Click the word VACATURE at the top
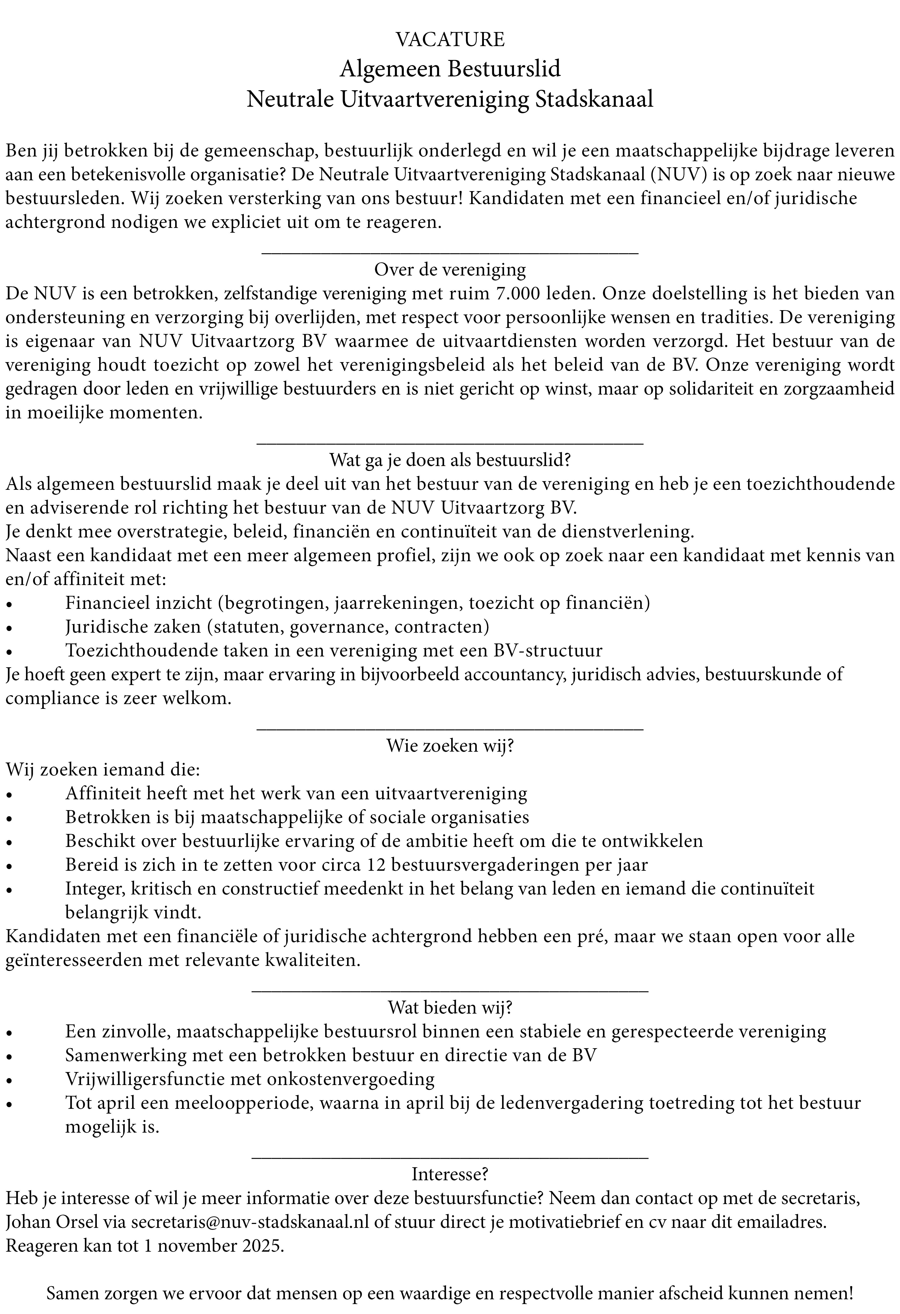click(x=450, y=39)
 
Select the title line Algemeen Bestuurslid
click(x=450, y=68)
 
